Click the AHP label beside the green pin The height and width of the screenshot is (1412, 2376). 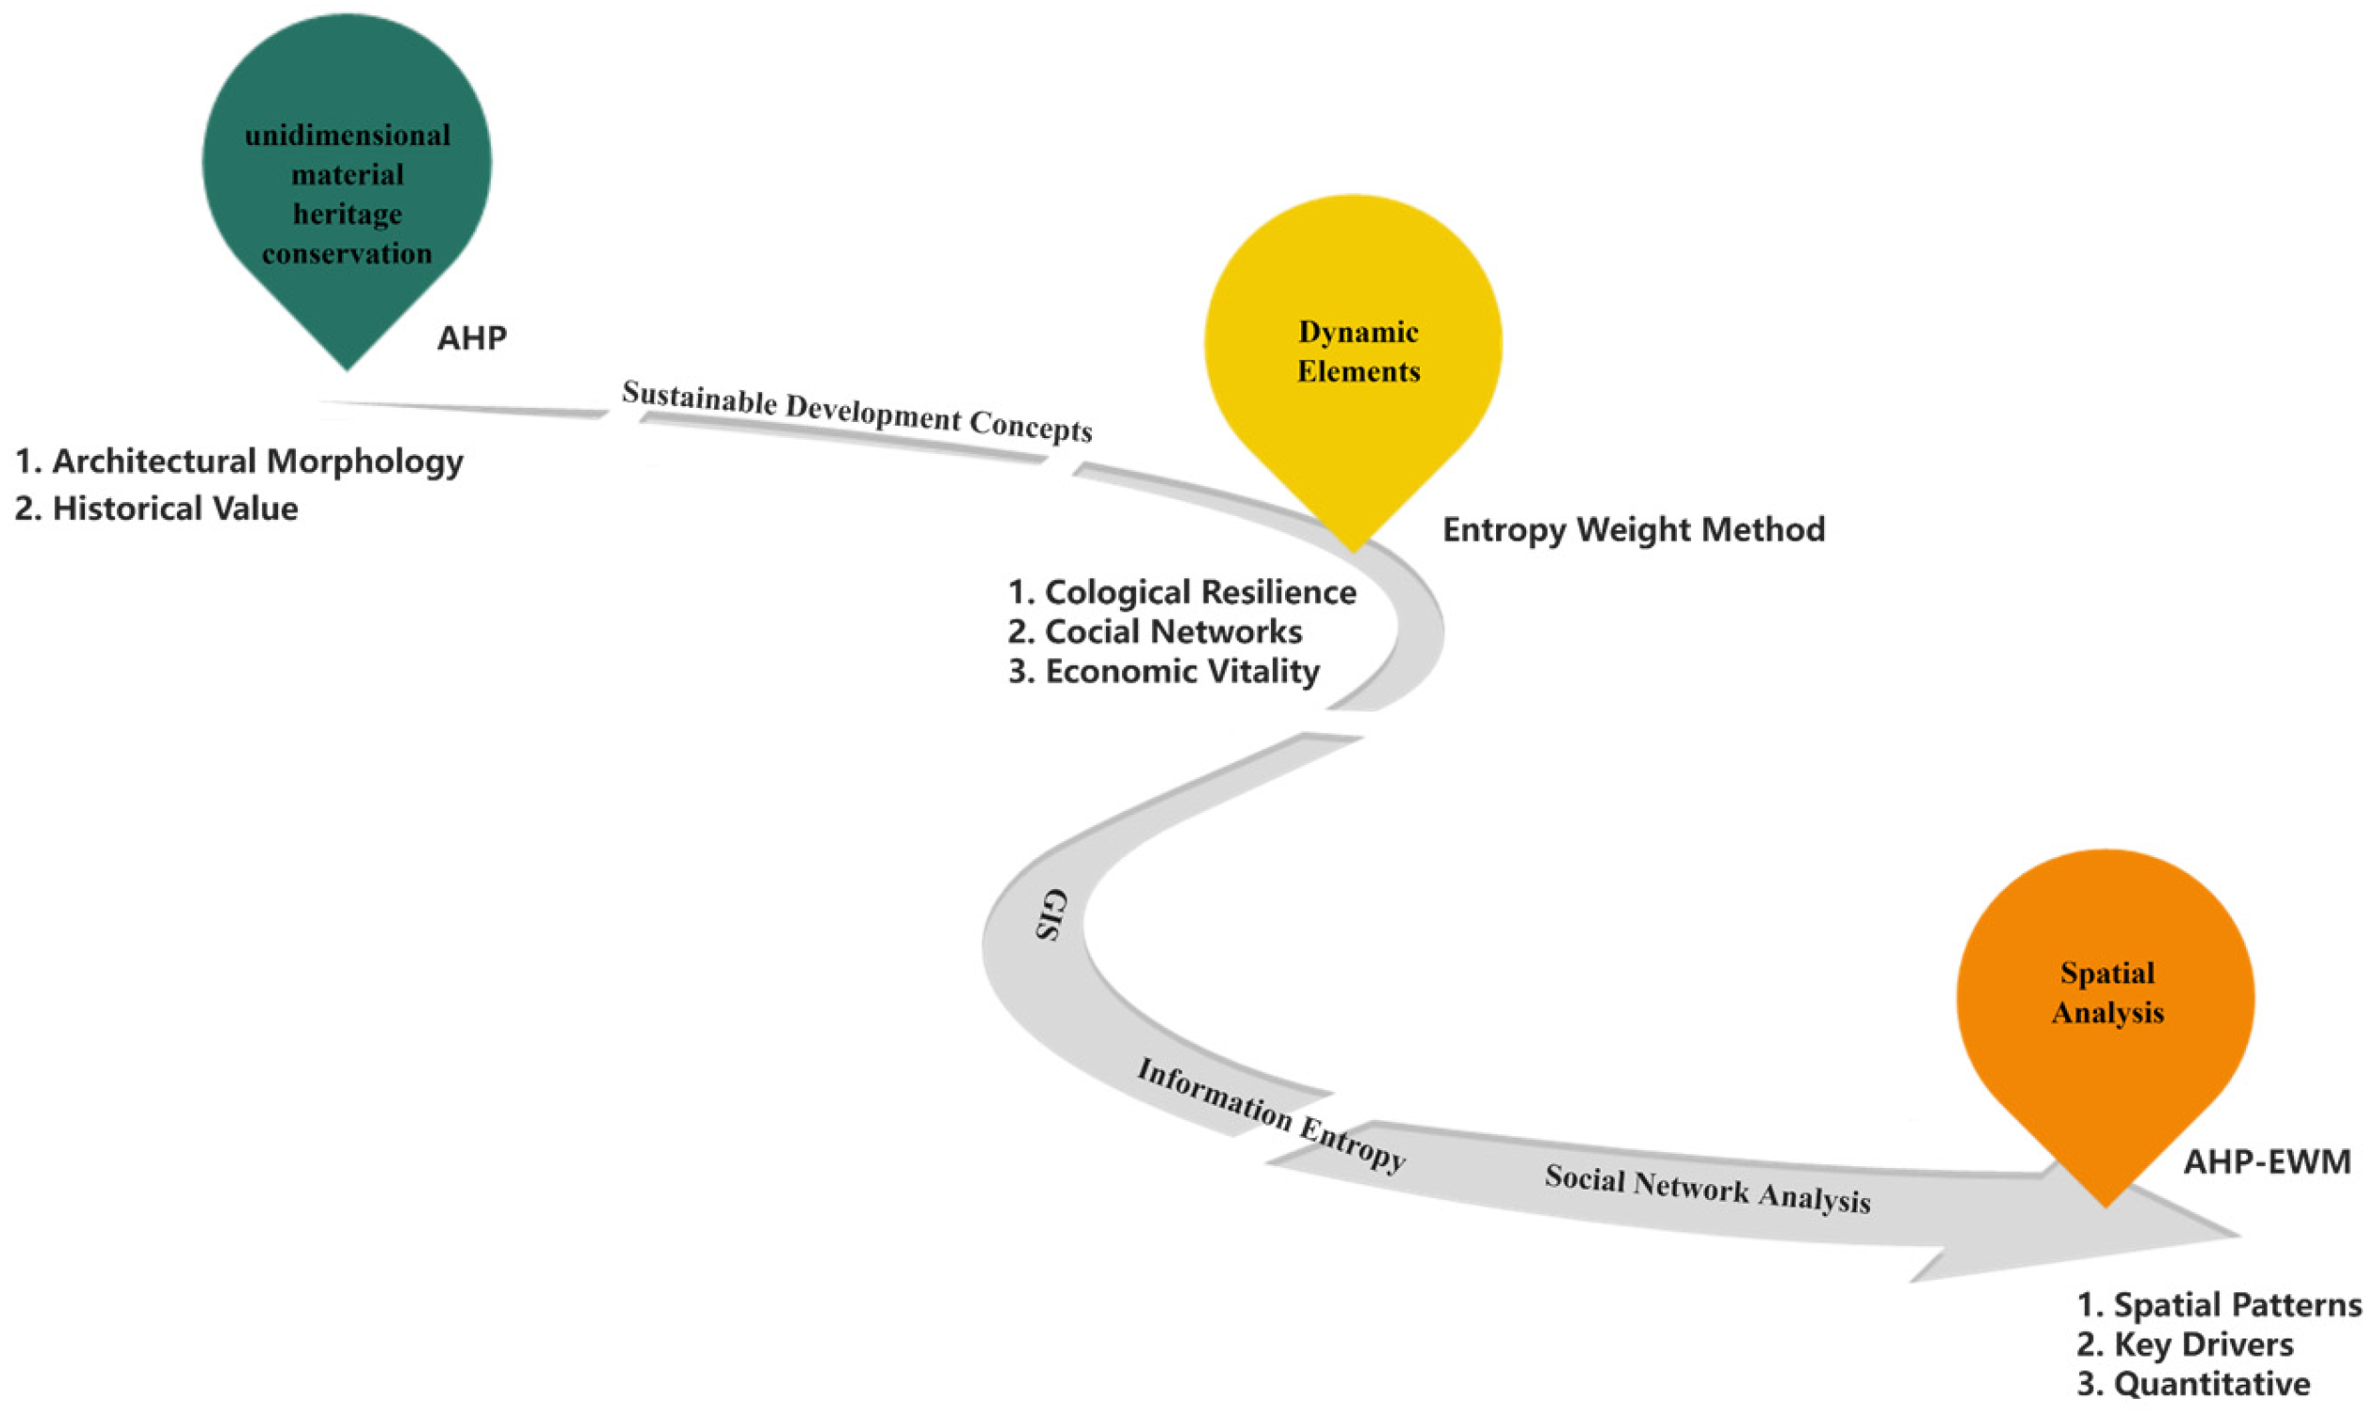[x=472, y=339]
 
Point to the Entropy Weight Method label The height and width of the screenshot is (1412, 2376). [x=1634, y=530]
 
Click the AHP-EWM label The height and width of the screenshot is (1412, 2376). [x=2267, y=1161]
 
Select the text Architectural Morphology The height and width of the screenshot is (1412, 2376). [x=257, y=462]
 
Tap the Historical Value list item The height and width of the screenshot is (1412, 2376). [x=175, y=509]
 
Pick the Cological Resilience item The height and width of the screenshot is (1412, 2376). [x=1200, y=592]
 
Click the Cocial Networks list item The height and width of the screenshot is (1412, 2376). [x=1173, y=632]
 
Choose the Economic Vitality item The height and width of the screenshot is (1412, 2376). [x=1181, y=672]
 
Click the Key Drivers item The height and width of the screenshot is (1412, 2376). [x=2203, y=1344]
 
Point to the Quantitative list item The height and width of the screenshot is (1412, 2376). [x=2211, y=1385]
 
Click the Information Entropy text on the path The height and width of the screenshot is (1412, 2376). [x=1271, y=1115]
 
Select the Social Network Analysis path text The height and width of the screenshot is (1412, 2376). [x=1707, y=1190]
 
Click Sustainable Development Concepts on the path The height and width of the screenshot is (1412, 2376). [x=856, y=411]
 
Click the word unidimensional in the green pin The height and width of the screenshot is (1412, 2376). [x=348, y=135]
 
